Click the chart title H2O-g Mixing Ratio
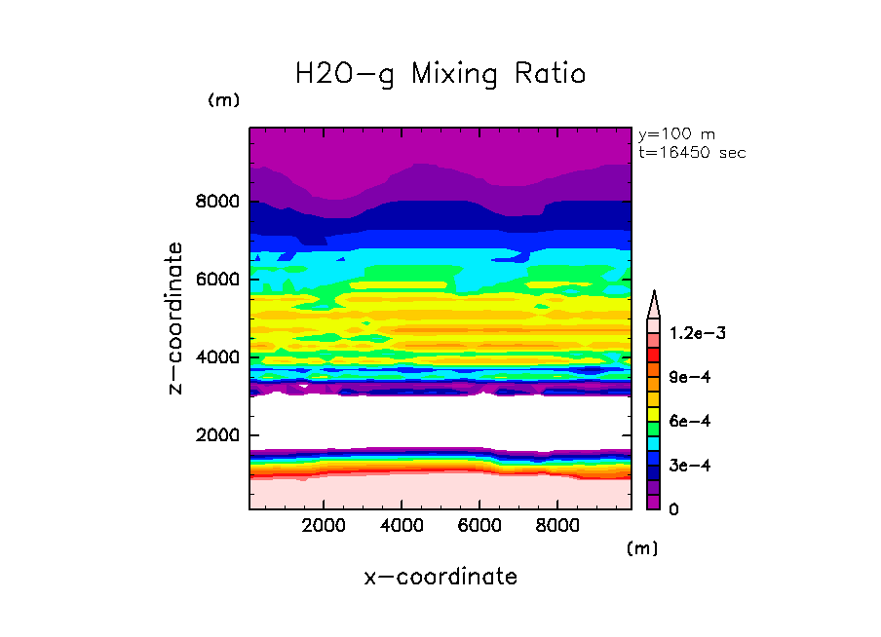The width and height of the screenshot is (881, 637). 440,74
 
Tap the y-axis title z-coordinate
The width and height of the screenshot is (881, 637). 176,318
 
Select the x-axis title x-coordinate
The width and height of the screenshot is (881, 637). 440,577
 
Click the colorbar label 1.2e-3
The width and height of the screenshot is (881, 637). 690,333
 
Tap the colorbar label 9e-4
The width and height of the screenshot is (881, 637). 685,377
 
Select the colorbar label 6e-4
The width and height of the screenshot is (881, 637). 685,421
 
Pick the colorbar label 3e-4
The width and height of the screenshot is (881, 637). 685,465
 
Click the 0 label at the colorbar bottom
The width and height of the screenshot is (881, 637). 672,509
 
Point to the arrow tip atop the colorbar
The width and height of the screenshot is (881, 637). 654,293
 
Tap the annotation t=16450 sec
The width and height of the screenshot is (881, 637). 692,153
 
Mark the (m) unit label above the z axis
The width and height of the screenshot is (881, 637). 223,100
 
